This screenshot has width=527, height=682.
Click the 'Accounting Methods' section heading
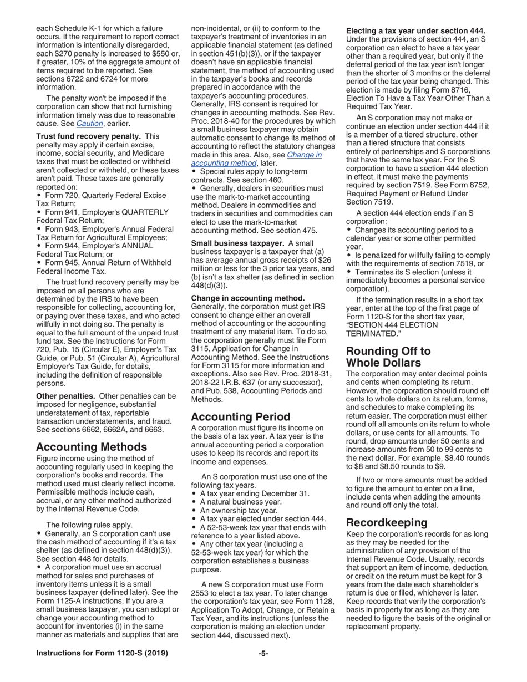pos(91,447)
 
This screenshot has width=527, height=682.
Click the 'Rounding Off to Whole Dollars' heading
pos(388,357)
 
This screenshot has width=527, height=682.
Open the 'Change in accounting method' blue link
pos(256,159)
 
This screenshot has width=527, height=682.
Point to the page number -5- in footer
pos(263,653)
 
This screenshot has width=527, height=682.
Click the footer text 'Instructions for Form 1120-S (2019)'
pos(102,653)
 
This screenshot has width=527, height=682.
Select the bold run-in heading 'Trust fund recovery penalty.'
pos(88,136)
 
